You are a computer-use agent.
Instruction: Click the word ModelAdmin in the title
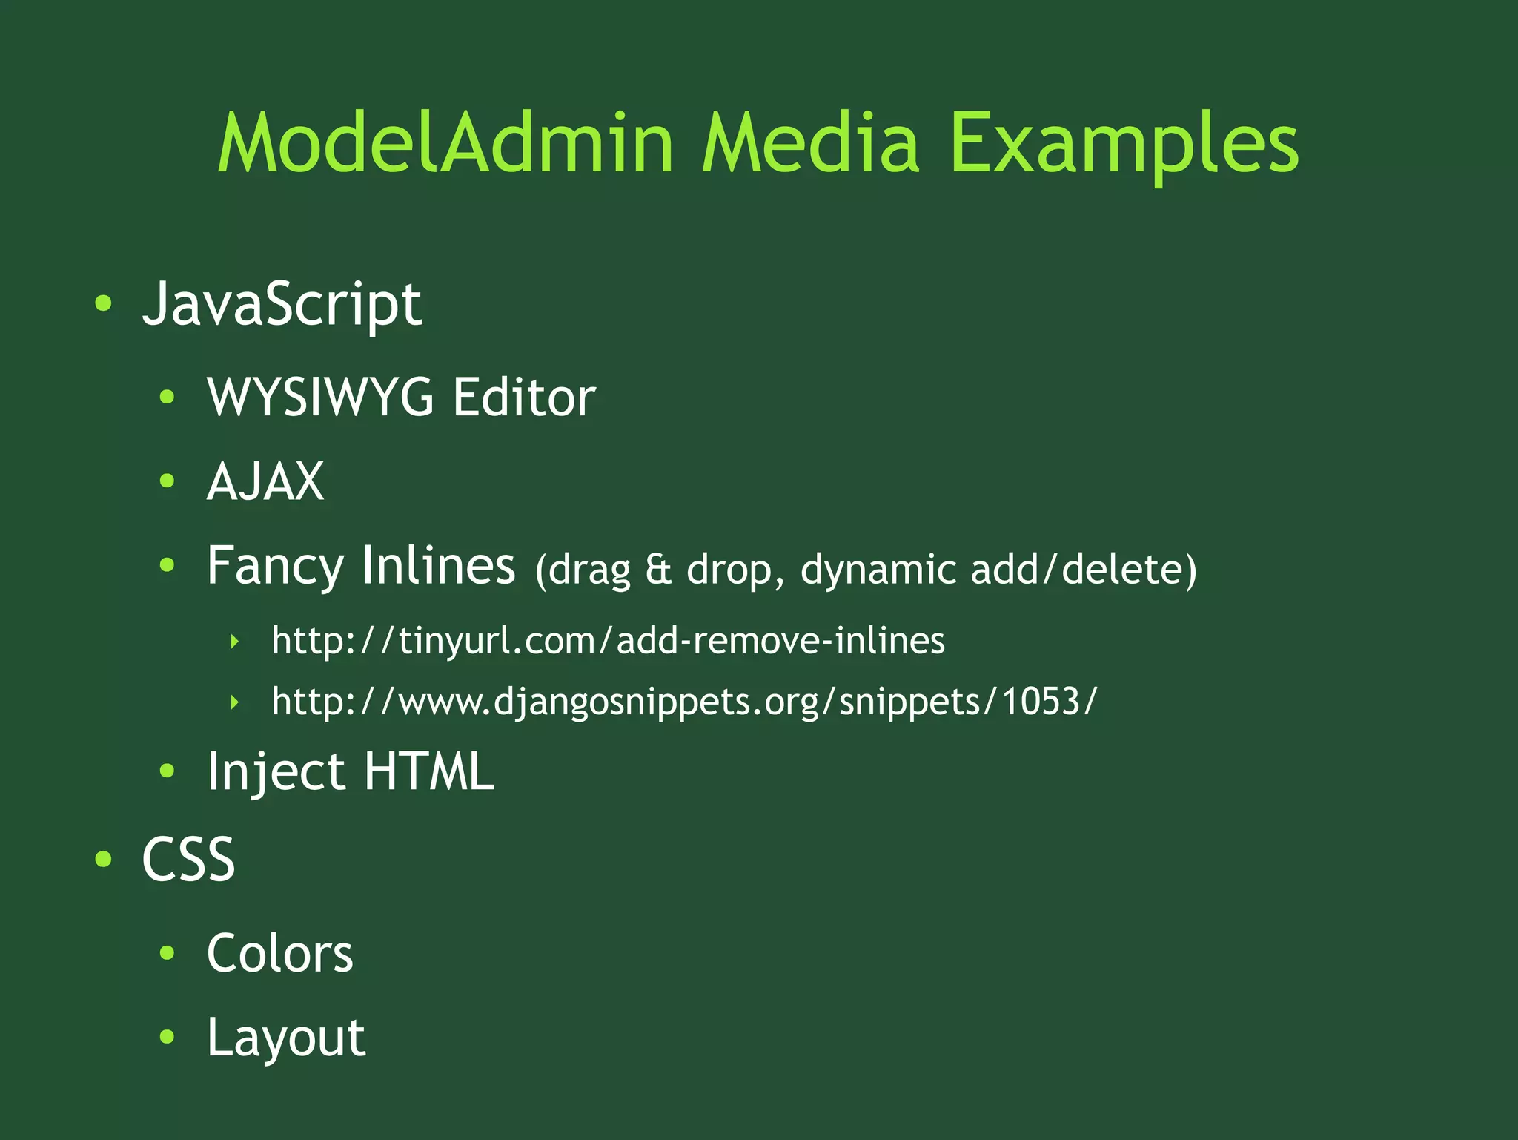pyautogui.click(x=445, y=142)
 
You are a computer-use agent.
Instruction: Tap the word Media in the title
pyautogui.click(x=810, y=142)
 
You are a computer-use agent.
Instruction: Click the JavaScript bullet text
pyautogui.click(x=282, y=304)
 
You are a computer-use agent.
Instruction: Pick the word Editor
pyautogui.click(x=524, y=398)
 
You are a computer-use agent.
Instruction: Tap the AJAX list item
pyautogui.click(x=265, y=481)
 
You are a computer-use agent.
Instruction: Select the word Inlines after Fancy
pyautogui.click(x=437, y=565)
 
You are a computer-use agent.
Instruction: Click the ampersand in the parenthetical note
pyautogui.click(x=658, y=570)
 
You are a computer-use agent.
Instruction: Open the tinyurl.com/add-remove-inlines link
pyautogui.click(x=608, y=641)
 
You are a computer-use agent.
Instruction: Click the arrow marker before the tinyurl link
pyautogui.click(x=235, y=642)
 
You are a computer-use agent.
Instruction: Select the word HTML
pyautogui.click(x=428, y=771)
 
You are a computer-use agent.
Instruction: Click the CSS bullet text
pyautogui.click(x=188, y=859)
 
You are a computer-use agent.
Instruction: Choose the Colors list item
pyautogui.click(x=280, y=953)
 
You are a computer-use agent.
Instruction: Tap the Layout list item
pyautogui.click(x=286, y=1038)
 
